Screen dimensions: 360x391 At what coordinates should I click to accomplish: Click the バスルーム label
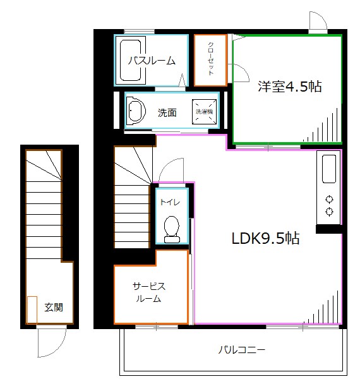(152, 61)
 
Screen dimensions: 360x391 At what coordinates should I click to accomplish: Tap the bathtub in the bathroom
(130, 60)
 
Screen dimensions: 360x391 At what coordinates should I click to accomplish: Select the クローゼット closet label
(211, 59)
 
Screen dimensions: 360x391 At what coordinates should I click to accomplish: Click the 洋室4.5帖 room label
(289, 87)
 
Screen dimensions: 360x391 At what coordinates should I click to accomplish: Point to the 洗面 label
(167, 112)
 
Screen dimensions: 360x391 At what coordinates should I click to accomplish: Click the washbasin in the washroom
(136, 111)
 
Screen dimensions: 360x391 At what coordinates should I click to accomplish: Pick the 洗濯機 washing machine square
(204, 111)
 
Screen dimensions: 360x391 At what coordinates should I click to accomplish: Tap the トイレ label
(170, 202)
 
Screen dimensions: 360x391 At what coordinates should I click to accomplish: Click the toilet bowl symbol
(172, 229)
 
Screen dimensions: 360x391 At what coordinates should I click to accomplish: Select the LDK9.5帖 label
(265, 238)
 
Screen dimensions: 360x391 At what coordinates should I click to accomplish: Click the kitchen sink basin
(329, 169)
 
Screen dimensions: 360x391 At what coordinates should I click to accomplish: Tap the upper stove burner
(329, 200)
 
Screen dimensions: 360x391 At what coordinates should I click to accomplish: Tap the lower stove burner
(329, 212)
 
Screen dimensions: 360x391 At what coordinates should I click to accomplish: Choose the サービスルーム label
(149, 292)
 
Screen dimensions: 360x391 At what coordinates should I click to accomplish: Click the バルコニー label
(241, 350)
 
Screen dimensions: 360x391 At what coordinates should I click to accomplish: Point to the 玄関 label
(54, 307)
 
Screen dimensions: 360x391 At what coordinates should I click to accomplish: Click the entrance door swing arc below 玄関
(58, 349)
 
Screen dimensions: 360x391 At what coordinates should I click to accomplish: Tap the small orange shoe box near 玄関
(32, 310)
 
